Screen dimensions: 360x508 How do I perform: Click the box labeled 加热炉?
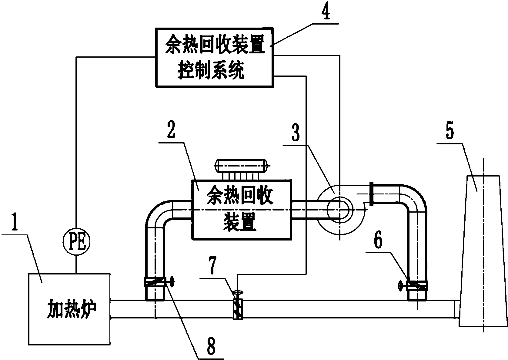pyautogui.click(x=69, y=309)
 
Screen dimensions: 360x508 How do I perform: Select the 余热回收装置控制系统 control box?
pyautogui.click(x=215, y=58)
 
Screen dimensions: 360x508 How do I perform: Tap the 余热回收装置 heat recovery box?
pyautogui.click(x=241, y=209)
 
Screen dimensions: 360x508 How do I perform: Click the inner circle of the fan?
pyautogui.click(x=339, y=209)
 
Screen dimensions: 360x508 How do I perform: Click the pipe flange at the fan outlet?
pyautogui.click(x=372, y=193)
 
